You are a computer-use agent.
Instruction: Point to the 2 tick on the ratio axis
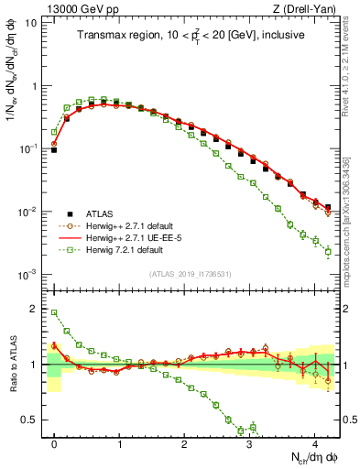[x=37, y=309]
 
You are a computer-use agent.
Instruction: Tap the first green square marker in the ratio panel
[x=55, y=312]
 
